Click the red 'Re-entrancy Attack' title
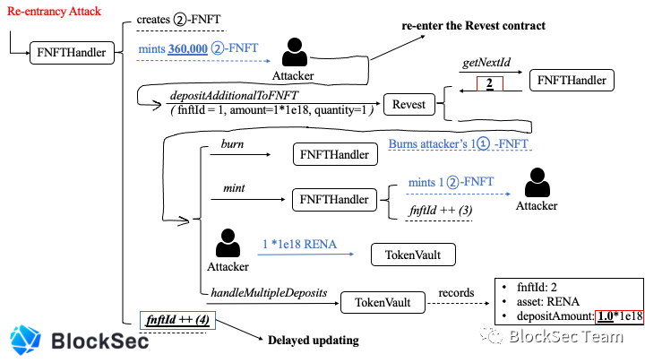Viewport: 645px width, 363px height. (54, 11)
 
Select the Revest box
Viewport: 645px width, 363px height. (408, 105)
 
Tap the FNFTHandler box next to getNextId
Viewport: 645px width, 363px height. (572, 81)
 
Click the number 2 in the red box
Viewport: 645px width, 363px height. (489, 83)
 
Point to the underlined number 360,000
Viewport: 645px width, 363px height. (187, 48)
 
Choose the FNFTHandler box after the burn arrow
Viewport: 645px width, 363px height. (335, 154)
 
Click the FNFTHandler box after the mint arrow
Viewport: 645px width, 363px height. (334, 200)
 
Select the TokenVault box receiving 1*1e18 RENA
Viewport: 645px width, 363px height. (413, 255)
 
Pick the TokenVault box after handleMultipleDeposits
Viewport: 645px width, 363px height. (383, 303)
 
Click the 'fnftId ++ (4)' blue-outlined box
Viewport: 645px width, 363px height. (177, 320)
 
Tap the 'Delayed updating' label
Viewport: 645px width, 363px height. (313, 341)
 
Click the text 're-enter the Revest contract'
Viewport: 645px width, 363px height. (474, 25)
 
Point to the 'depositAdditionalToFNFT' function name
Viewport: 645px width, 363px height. (234, 96)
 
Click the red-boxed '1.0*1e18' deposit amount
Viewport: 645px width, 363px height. (620, 316)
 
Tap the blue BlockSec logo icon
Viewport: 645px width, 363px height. (25, 340)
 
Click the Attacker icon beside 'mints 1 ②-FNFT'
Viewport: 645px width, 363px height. (537, 183)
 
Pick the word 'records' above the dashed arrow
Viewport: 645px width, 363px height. (456, 292)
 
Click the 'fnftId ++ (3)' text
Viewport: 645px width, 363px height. (441, 211)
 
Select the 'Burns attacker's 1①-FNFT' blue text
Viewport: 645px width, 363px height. (459, 143)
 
